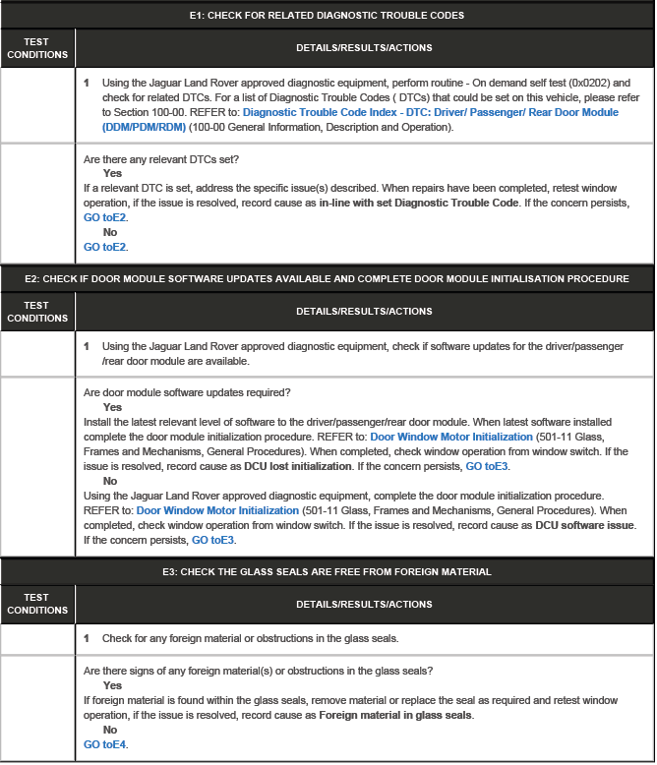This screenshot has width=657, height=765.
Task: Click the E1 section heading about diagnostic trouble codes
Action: point(327,16)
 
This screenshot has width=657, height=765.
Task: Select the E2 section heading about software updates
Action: point(327,279)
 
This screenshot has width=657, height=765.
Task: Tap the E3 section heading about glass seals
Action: point(327,571)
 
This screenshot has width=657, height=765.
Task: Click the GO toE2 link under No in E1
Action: point(105,247)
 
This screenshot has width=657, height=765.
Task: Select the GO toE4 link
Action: point(105,744)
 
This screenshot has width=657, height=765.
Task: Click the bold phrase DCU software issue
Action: point(584,525)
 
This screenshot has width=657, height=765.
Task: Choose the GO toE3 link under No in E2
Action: point(213,540)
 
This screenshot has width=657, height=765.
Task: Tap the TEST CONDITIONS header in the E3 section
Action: point(37,604)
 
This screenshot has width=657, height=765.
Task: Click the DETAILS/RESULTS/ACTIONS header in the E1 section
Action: point(364,47)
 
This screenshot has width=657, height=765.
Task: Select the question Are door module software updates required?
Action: point(187,392)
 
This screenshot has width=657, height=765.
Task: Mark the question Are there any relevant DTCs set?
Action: point(161,159)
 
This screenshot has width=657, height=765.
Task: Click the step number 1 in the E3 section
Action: point(87,638)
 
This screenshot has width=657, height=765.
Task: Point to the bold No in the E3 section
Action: point(110,730)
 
